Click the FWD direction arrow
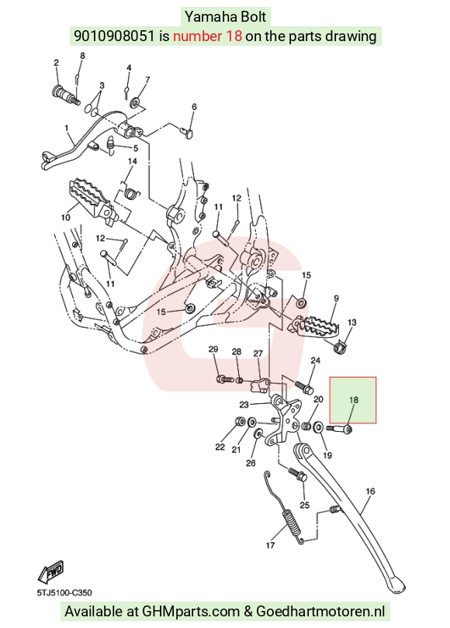pyautogui.click(x=51, y=572)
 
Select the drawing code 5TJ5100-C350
pyautogui.click(x=64, y=592)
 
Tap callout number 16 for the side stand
pyautogui.click(x=370, y=491)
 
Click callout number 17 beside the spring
pyautogui.click(x=270, y=545)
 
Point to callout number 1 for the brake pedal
pyautogui.click(x=67, y=128)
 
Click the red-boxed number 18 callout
pyautogui.click(x=354, y=400)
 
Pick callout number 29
pyautogui.click(x=213, y=349)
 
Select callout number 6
pyautogui.click(x=194, y=106)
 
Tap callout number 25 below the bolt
pyautogui.click(x=305, y=505)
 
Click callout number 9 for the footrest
pyautogui.click(x=336, y=298)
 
